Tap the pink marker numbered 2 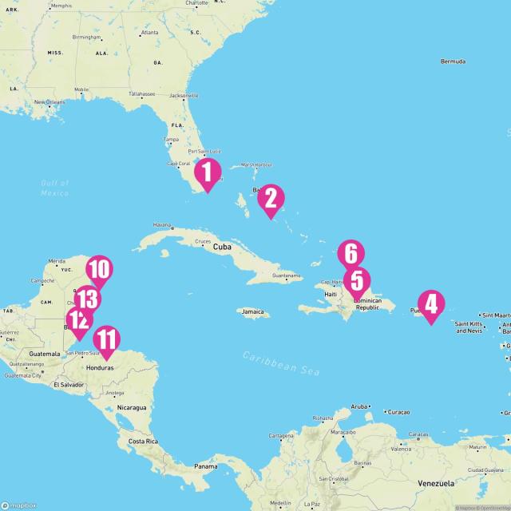click(x=271, y=199)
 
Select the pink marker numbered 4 click(x=431, y=304)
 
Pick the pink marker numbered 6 click(x=351, y=254)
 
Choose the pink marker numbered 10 click(x=99, y=270)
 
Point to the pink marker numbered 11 click(x=105, y=339)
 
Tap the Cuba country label click(x=222, y=247)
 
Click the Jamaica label click(x=253, y=312)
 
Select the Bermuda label click(x=453, y=61)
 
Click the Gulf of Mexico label click(x=55, y=188)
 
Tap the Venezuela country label click(x=435, y=484)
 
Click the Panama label click(x=205, y=466)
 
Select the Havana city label click(x=162, y=225)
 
